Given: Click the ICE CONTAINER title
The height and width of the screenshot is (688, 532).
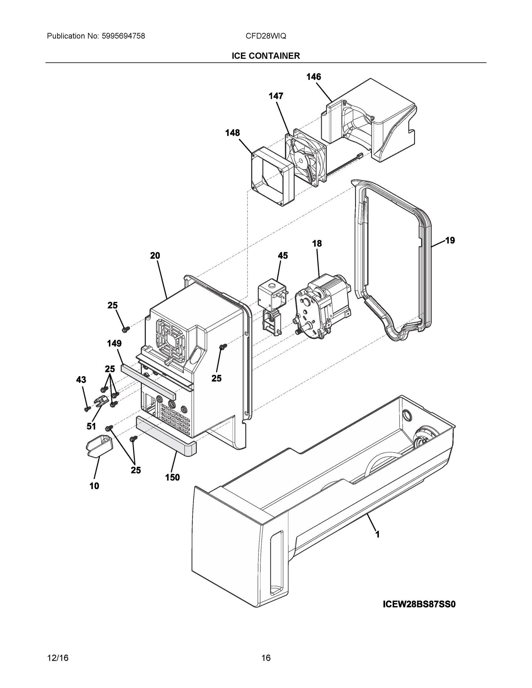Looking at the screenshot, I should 266,56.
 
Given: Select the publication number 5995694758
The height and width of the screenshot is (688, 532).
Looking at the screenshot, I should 123,36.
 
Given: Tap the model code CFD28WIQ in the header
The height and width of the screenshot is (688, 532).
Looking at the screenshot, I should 266,36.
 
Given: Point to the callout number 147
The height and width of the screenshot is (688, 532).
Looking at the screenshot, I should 276,96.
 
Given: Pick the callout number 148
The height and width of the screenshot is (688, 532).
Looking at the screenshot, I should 232,133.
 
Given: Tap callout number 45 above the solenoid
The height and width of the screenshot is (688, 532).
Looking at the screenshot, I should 283,256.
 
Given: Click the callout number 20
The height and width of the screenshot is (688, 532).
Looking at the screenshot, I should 155,256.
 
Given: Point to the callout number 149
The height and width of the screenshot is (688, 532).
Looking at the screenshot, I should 114,343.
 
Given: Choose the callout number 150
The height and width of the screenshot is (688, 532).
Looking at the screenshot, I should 172,478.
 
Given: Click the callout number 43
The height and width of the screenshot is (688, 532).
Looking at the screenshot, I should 81,380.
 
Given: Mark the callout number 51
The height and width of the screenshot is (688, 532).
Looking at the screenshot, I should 91,427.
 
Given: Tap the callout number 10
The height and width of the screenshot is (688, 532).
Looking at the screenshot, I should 94,486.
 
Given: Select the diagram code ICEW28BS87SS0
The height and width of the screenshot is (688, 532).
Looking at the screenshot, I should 419,604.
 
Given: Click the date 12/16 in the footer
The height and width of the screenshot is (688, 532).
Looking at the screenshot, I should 58,658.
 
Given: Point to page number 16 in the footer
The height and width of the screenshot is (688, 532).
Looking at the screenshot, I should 266,658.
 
